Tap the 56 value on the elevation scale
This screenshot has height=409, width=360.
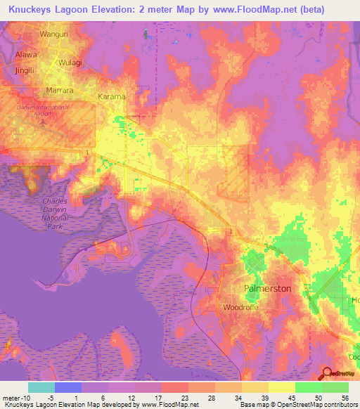point(344,398)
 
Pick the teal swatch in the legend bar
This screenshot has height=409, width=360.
point(41,387)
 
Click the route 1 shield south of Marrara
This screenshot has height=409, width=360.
point(86,152)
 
